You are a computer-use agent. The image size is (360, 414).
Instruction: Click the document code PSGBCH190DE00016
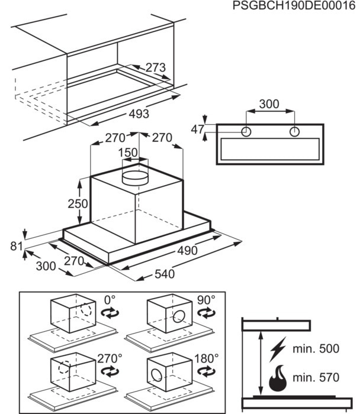coord(294,5)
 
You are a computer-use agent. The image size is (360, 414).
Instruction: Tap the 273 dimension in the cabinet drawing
coord(156,67)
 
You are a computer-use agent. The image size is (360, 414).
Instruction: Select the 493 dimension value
coord(139,114)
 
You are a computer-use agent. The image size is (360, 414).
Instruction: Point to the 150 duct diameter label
coord(128,153)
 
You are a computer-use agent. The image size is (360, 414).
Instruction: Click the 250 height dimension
coord(78,203)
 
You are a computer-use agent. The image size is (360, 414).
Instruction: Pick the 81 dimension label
coord(17,246)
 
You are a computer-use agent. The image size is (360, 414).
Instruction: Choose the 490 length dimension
coord(187,251)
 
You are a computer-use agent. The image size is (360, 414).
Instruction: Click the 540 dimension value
coord(165,274)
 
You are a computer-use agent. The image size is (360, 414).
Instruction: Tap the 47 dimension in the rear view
coord(198,130)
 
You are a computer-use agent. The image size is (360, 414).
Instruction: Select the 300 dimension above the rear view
coord(269,104)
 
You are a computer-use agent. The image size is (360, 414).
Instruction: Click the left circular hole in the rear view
coord(246,131)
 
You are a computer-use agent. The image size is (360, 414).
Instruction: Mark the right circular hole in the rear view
coord(294,131)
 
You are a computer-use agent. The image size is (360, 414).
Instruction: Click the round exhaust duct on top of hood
coord(135,178)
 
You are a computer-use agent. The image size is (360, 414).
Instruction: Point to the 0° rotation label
coord(110,300)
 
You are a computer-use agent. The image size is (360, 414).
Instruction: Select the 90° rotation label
coord(206,300)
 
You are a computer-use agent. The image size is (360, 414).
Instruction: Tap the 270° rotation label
coord(110,358)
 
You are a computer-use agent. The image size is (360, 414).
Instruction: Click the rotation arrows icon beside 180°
coord(207,371)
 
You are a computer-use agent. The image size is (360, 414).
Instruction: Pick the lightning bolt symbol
coord(278,349)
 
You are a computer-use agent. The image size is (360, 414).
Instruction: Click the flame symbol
coord(278,378)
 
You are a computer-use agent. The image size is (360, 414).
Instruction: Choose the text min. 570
coord(316,377)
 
